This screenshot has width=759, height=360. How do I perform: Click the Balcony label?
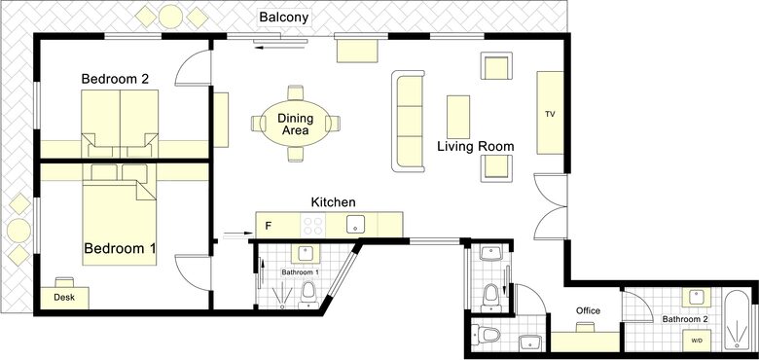pyautogui.click(x=284, y=18)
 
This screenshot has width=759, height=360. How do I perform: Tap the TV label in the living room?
pyautogui.click(x=550, y=115)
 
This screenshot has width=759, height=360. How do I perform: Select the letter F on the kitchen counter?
pyautogui.click(x=269, y=226)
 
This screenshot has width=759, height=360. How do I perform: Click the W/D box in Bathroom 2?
pyautogui.click(x=697, y=341)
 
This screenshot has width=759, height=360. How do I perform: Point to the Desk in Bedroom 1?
pyautogui.click(x=64, y=298)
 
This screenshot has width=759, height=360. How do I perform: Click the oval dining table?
pyautogui.click(x=295, y=124)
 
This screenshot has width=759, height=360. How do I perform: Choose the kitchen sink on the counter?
pyautogui.click(x=356, y=224)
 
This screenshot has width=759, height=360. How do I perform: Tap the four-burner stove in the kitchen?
pyautogui.click(x=312, y=225)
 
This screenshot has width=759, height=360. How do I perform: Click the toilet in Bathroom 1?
pyautogui.click(x=308, y=295)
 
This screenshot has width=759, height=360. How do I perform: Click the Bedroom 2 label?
pyautogui.click(x=115, y=79)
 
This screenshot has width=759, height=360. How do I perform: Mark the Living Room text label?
pyautogui.click(x=476, y=147)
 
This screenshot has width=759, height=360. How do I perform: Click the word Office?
pyautogui.click(x=588, y=310)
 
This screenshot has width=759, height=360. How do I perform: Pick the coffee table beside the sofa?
pyautogui.click(x=458, y=117)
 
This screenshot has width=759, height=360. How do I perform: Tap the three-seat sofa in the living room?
pyautogui.click(x=408, y=121)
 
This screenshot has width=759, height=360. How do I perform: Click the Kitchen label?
pyautogui.click(x=333, y=201)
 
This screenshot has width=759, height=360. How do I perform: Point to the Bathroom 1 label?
pyautogui.click(x=300, y=272)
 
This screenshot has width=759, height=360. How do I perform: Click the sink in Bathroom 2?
pyautogui.click(x=697, y=298)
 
